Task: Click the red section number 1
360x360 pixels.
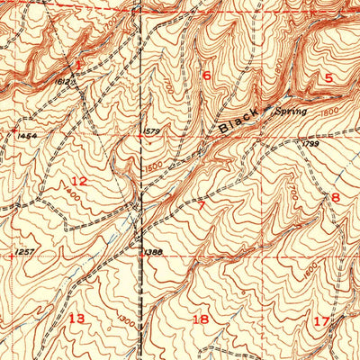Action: click(x=79, y=66)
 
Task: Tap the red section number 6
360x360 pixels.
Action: click(x=206, y=76)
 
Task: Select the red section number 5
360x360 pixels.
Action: click(x=328, y=78)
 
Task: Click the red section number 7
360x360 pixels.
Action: click(x=202, y=206)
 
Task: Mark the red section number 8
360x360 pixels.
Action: click(x=336, y=197)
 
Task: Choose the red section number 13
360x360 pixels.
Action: click(x=76, y=319)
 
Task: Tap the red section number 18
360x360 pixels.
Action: click(x=200, y=319)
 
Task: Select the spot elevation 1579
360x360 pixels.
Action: click(x=151, y=133)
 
